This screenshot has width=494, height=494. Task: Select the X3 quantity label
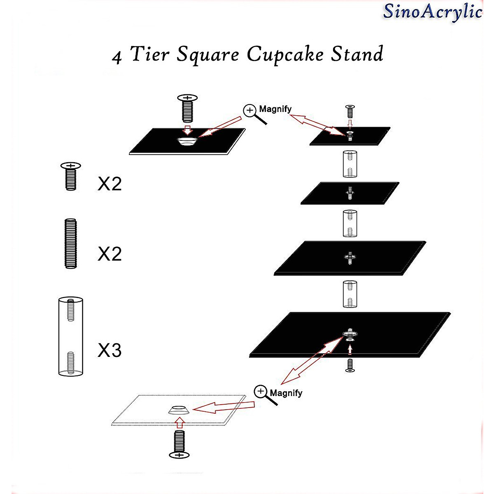coord(110,350)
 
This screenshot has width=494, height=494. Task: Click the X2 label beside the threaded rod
coord(110,254)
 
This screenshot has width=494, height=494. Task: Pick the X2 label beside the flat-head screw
coord(110,184)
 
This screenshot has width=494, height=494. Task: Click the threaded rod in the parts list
coord(71,243)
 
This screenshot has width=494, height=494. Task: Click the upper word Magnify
coord(275,109)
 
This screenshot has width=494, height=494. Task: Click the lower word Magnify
coord(286,393)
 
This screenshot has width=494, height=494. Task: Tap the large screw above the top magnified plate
coord(187,108)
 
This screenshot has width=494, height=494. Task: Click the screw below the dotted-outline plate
coord(179,444)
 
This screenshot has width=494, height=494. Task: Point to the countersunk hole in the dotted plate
coord(179,410)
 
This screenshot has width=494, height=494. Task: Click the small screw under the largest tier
coord(350,365)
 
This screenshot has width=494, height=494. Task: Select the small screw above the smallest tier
coord(350,112)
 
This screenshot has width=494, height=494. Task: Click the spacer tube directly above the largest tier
coord(350,294)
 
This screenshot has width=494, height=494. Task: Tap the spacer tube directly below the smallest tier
coord(350,164)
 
